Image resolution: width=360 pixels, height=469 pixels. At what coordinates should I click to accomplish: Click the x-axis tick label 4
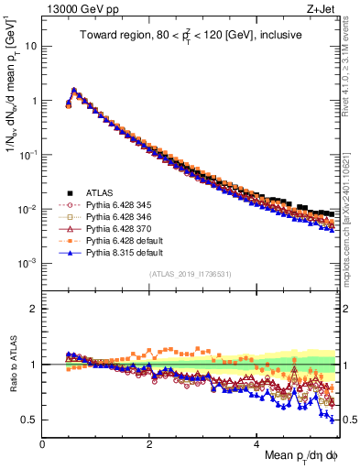click(x=256, y=444)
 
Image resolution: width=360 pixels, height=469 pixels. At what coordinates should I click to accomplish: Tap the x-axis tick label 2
click(x=149, y=444)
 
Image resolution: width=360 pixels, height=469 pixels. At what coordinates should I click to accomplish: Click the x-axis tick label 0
click(x=43, y=444)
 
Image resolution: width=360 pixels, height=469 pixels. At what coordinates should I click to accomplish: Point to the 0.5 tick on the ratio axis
click(x=30, y=420)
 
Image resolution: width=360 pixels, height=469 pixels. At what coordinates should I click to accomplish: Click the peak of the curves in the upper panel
click(x=74, y=90)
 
